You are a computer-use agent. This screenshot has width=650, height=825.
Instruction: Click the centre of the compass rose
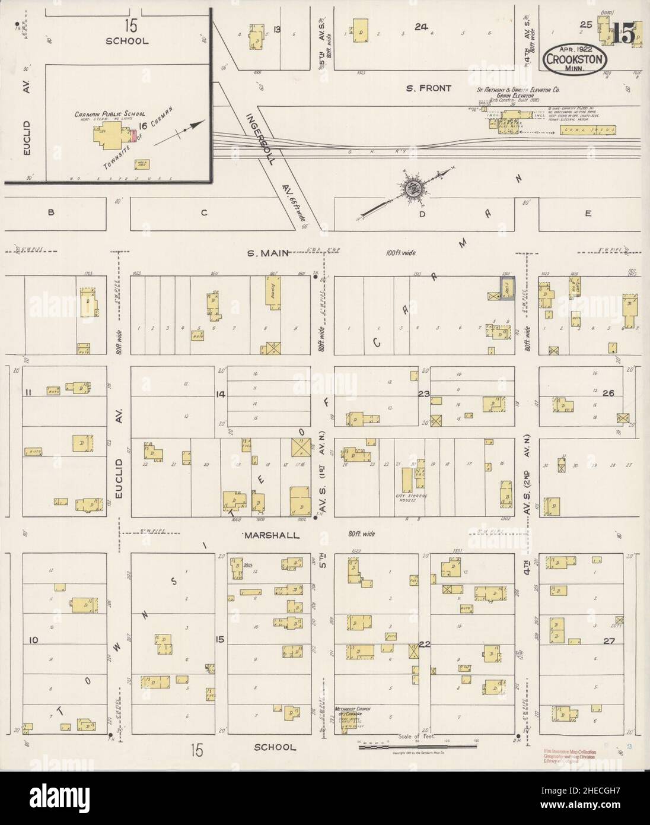click(x=410, y=189)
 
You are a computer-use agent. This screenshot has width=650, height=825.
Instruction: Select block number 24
click(x=422, y=27)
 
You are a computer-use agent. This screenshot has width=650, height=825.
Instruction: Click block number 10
click(x=33, y=640)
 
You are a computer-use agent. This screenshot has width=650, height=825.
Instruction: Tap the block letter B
click(x=51, y=213)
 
